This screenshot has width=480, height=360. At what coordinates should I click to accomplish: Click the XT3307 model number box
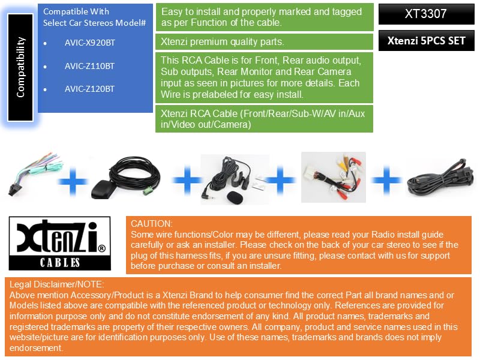pos(425,14)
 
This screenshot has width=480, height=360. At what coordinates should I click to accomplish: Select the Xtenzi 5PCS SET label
pos(425,41)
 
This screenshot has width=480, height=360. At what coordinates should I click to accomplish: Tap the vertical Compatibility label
pos(20,67)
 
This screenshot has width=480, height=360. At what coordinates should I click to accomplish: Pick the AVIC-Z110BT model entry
pos(89,66)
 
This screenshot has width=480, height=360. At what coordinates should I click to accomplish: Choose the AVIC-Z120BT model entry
pos(89,89)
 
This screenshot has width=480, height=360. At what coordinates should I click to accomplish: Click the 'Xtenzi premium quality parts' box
pos(264,42)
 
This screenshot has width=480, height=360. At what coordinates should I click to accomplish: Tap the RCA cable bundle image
pos(332,178)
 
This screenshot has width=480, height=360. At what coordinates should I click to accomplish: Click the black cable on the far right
pos(441,179)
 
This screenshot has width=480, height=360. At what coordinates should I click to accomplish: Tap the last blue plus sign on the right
pos(387,179)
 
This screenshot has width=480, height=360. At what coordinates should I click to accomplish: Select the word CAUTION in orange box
pos(151,223)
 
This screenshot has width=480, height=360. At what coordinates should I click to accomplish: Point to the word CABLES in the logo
pos(60,262)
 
